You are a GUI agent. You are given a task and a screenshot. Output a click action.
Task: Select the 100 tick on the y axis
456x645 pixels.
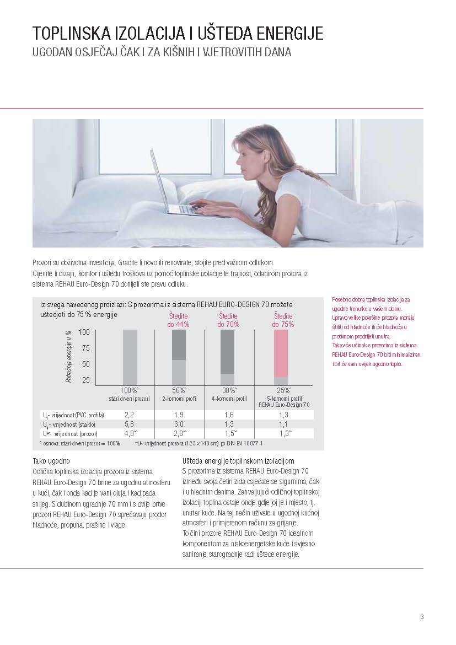click(x=84, y=332)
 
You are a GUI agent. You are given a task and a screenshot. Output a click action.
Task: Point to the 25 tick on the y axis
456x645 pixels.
click(x=86, y=380)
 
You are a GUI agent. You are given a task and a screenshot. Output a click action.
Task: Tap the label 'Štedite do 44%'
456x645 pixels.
click(x=178, y=320)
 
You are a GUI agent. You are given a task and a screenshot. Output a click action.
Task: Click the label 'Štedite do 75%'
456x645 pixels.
click(x=283, y=320)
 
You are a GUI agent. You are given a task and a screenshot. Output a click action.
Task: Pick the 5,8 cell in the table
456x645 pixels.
click(x=130, y=424)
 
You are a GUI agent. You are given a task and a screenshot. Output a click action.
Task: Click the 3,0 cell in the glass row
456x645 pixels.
click(x=180, y=424)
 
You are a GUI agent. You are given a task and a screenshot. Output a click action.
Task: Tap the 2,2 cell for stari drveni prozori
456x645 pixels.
click(x=130, y=415)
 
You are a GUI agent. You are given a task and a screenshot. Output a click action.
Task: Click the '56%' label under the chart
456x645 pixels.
click(x=179, y=390)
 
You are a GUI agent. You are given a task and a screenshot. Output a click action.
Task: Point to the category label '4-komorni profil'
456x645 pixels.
click(x=229, y=398)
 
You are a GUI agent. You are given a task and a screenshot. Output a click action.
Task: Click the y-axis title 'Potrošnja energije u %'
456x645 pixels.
click(x=69, y=356)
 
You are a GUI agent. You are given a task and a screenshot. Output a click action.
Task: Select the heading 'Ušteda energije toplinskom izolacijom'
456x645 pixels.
click(x=238, y=461)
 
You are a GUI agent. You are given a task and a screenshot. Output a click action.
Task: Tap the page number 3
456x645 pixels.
click(x=422, y=617)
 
